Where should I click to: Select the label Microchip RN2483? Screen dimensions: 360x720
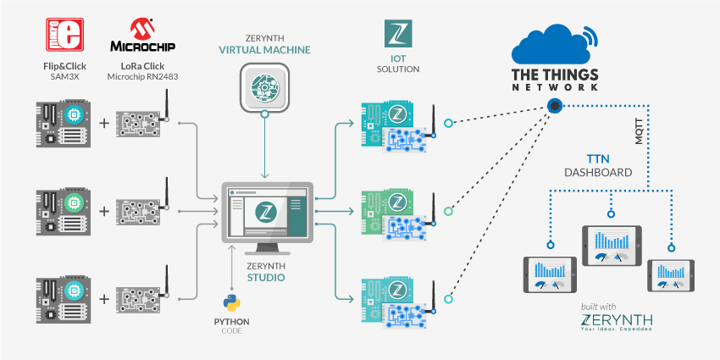click(143, 76)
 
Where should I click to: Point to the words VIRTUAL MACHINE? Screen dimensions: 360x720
click(266, 51)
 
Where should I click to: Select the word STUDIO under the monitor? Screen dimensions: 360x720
click(266, 276)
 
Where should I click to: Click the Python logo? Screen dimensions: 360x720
click(230, 302)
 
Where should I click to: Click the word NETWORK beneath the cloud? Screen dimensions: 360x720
click(556, 86)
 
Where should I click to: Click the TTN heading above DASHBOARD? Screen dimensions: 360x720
click(597, 158)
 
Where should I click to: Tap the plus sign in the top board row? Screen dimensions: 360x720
click(104, 124)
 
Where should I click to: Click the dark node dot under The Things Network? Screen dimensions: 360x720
click(554, 106)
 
